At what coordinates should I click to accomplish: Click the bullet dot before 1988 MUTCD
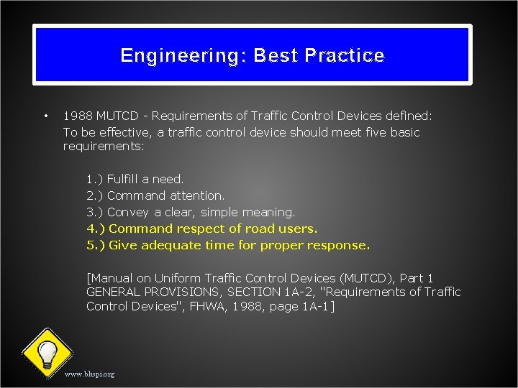(x=45, y=115)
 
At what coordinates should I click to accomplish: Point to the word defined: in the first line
(x=409, y=115)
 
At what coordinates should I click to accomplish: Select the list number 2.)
(x=94, y=195)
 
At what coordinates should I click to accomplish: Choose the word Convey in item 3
(x=128, y=212)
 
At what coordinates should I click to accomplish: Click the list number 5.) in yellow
(x=95, y=245)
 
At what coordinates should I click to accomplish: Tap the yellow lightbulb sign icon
(x=47, y=353)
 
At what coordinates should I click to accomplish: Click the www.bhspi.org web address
(x=89, y=374)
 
